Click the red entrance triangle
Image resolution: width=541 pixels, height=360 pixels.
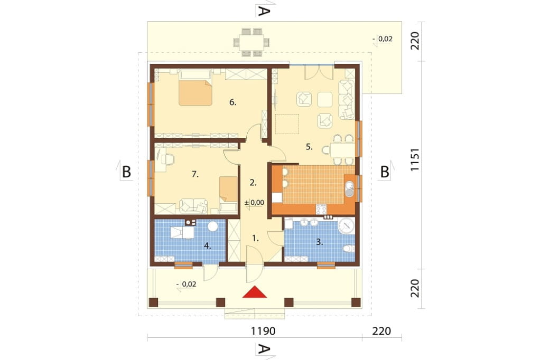click(x=255, y=292)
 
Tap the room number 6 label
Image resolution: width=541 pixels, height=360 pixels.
click(x=233, y=102)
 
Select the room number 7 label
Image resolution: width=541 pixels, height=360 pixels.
click(x=195, y=175)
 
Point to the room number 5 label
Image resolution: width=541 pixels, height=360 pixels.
click(x=309, y=147)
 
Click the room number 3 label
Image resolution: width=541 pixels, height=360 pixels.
click(x=320, y=242)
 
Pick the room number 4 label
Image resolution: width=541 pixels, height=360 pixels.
click(x=207, y=245)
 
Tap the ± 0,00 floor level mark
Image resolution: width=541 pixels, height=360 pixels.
click(x=254, y=203)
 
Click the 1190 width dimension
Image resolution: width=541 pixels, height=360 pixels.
click(x=263, y=331)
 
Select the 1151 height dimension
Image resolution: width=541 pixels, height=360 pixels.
click(x=415, y=159)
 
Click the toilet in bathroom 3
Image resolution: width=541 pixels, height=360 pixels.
click(x=349, y=249)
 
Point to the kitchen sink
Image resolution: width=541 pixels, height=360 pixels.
click(x=350, y=188)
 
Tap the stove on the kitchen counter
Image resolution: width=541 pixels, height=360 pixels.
click(x=321, y=209)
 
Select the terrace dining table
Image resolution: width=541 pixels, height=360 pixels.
click(x=251, y=42)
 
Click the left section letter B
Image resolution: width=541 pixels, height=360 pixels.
click(x=127, y=172)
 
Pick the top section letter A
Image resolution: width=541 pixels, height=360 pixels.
click(x=263, y=12)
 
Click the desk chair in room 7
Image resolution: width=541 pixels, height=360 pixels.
click(x=167, y=158)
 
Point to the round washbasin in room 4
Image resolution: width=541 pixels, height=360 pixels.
click(x=213, y=226)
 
